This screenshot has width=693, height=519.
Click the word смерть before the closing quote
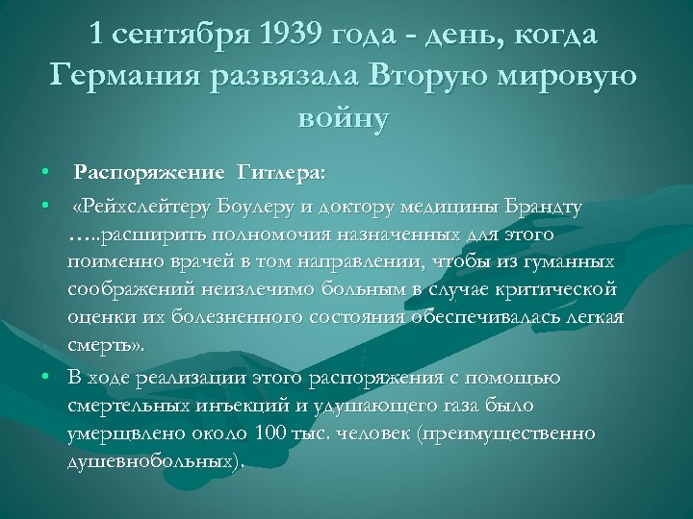click(99, 345)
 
